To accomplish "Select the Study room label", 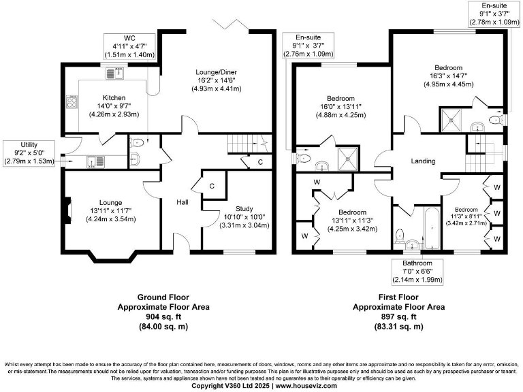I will (x=244, y=209).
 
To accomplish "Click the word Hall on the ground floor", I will (x=183, y=202).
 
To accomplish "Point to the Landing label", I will (x=423, y=161).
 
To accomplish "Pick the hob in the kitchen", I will (x=72, y=102).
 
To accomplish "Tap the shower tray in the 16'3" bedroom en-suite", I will (x=450, y=119).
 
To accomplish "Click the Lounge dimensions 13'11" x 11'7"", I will (x=110, y=211).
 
